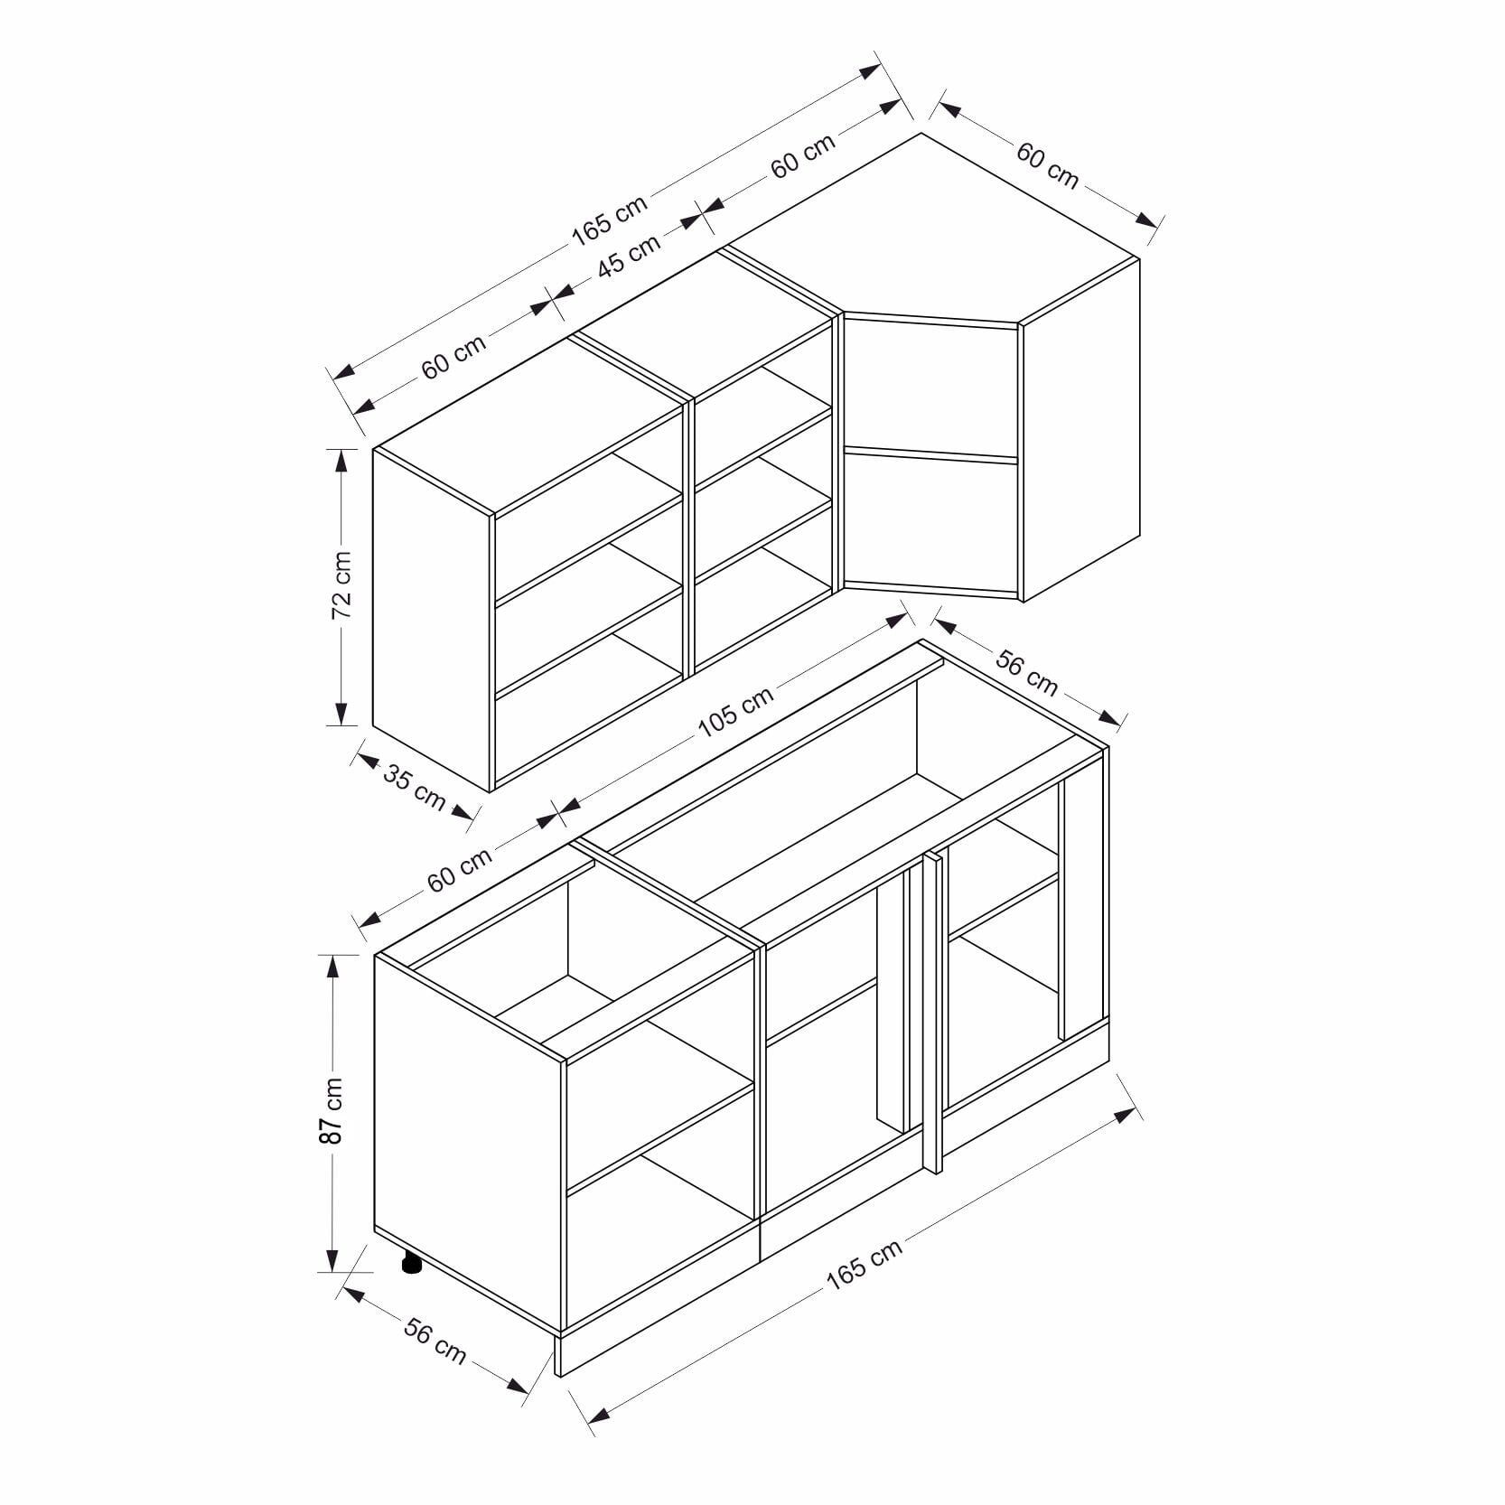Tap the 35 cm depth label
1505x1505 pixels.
[415, 786]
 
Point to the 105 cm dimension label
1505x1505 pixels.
[735, 712]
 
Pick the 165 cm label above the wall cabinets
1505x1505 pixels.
[609, 220]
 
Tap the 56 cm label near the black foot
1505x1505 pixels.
[435, 1341]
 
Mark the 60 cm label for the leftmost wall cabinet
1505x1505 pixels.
[453, 355]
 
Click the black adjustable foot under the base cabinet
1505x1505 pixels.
[412, 1263]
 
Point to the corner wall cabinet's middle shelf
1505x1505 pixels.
[930, 455]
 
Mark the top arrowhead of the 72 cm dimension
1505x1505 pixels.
[341, 461]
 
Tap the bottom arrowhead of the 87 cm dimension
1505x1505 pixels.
[332, 1258]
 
